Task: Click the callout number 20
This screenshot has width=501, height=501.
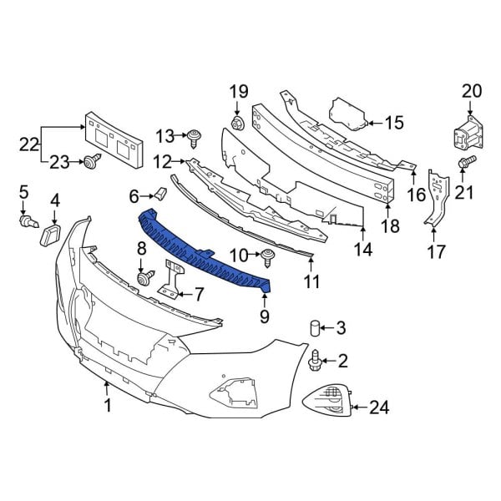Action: point(472,91)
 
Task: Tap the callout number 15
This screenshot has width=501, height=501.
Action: point(393,123)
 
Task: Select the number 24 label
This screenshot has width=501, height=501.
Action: point(379,408)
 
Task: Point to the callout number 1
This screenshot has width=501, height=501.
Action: point(107,407)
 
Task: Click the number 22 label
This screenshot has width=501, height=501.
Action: point(29,144)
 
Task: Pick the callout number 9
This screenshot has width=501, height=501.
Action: point(265,316)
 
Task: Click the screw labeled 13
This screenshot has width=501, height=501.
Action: point(195,134)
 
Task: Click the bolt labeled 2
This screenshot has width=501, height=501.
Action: point(316,360)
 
